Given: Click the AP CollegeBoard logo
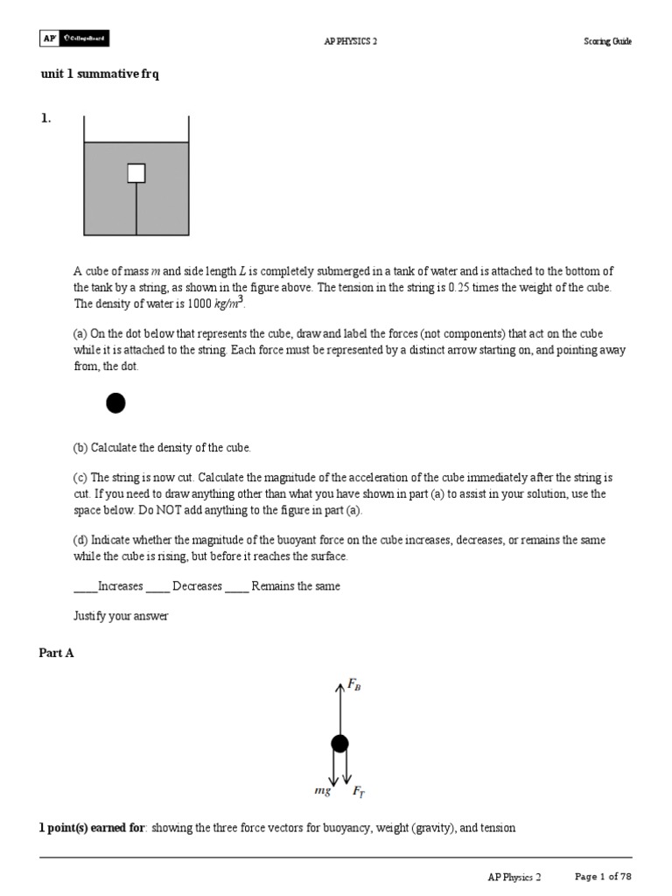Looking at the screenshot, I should (x=74, y=39).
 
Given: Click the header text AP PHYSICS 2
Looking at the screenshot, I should (x=350, y=41).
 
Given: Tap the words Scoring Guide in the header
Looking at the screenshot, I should (x=607, y=41).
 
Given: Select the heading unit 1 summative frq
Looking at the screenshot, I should (x=100, y=74).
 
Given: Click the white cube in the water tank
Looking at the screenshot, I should (x=136, y=173).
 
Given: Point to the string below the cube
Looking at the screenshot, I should (x=136, y=210).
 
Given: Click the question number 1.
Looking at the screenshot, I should (x=45, y=120).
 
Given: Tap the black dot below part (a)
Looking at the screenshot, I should (x=115, y=403).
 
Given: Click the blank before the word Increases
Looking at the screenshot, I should (x=85, y=587).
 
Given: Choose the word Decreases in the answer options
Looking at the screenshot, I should (x=197, y=586).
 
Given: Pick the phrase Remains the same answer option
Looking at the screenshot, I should (x=296, y=586).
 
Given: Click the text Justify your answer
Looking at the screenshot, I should (x=121, y=616).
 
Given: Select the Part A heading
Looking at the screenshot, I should (x=57, y=653).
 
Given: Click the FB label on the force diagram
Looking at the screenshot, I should (x=354, y=687).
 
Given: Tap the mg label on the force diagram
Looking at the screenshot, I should (x=322, y=790).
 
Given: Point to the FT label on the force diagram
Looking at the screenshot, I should (x=359, y=791).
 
